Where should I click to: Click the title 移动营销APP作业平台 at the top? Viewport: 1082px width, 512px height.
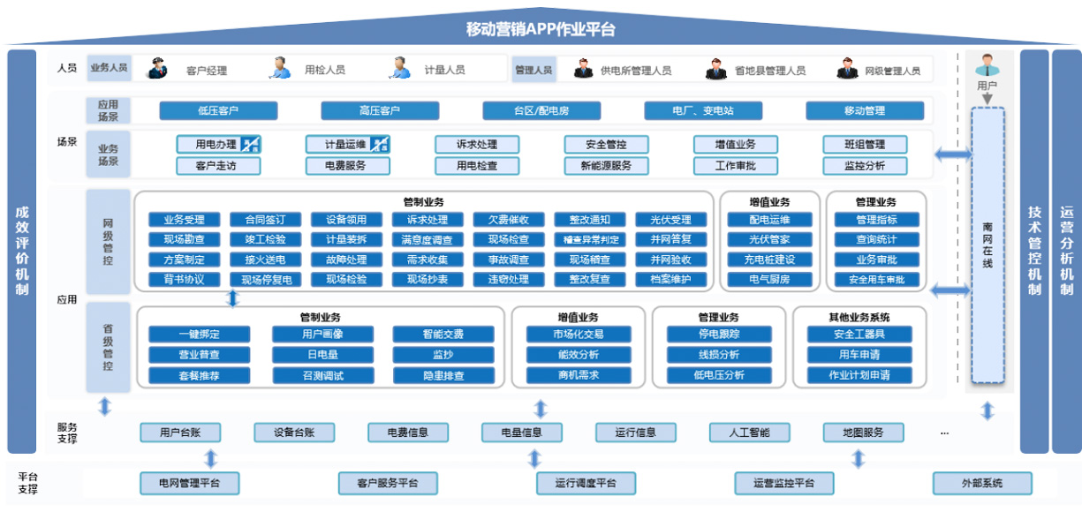(x=541, y=28)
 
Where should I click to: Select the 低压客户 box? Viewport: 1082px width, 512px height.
(x=218, y=111)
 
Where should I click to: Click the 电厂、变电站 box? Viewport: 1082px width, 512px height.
(x=702, y=111)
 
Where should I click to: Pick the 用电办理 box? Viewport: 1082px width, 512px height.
(x=217, y=145)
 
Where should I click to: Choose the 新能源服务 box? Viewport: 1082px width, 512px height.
(x=606, y=166)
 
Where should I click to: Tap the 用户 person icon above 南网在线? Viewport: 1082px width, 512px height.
(x=987, y=66)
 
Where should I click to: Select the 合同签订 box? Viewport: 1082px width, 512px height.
(x=265, y=220)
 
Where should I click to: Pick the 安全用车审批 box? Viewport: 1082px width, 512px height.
(x=877, y=280)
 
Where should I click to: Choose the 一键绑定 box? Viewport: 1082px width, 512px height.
(x=199, y=335)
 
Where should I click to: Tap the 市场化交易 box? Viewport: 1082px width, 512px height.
(x=579, y=335)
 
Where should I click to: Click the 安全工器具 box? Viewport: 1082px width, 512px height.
(x=859, y=335)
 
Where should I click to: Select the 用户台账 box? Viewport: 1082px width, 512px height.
(x=180, y=433)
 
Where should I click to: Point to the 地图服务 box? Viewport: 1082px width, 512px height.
(x=864, y=433)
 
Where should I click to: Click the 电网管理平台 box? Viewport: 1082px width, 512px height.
(x=190, y=484)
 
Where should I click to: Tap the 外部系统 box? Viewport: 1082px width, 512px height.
(x=982, y=484)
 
